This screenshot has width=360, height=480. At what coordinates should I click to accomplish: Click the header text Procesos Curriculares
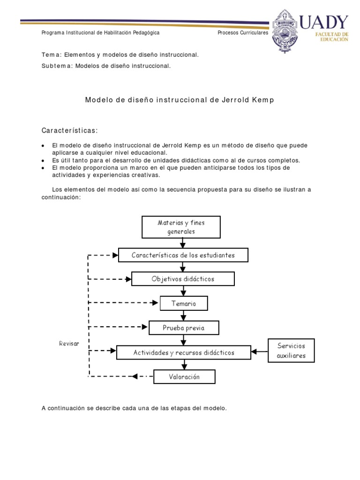click(243, 33)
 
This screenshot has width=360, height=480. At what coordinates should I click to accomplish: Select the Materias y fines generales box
click(181, 227)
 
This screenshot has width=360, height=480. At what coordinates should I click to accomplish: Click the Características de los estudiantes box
click(183, 255)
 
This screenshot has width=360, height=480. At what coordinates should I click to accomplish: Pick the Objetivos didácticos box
click(183, 279)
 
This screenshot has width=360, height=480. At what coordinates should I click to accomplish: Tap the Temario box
click(184, 303)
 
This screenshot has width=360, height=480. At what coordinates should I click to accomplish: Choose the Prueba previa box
click(184, 328)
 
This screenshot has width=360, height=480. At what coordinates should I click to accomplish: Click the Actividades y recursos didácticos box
click(184, 352)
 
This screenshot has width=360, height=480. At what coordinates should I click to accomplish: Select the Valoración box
click(184, 376)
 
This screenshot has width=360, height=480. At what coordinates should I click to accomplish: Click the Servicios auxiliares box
click(291, 351)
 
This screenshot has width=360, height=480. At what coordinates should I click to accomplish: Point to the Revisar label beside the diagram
click(69, 344)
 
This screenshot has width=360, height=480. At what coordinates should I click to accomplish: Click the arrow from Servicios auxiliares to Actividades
click(259, 352)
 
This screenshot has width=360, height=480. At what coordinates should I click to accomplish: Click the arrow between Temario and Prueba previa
click(184, 315)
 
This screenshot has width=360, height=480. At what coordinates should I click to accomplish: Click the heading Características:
click(70, 129)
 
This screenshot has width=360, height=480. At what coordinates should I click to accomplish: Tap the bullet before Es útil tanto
click(43, 160)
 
